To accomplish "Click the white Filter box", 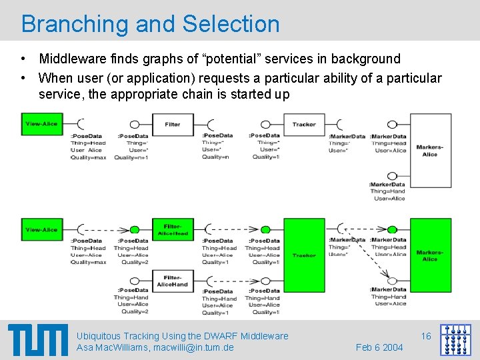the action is coord(173,125).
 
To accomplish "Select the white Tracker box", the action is coord(304,125).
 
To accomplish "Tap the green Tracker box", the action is coord(304,254).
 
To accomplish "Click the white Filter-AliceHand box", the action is coord(173,281).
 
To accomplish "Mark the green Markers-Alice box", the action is coord(430,255).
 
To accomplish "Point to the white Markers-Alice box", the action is coord(430,151).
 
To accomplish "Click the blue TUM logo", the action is coord(38,339).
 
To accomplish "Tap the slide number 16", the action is coord(426,336).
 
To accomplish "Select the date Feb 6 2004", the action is coord(379,347).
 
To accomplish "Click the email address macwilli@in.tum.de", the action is coord(193,347).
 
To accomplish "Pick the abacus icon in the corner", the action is coord(455,339).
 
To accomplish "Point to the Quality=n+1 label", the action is coord(131,158).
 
